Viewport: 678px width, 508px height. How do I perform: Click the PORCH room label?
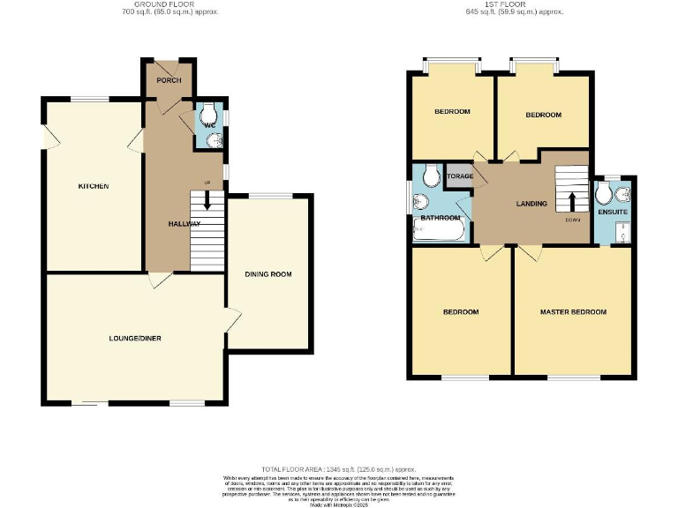[x=169, y=80]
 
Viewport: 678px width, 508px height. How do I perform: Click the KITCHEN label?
[x=94, y=186]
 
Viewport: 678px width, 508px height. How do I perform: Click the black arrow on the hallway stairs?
[x=207, y=200]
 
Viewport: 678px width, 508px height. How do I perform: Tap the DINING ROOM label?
[x=269, y=274]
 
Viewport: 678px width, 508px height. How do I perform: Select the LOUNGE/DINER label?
[x=135, y=338]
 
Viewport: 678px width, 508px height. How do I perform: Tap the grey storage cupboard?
[x=460, y=176]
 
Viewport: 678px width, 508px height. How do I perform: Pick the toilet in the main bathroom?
[x=431, y=176]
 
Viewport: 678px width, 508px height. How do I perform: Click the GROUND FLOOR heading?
[x=169, y=4]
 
